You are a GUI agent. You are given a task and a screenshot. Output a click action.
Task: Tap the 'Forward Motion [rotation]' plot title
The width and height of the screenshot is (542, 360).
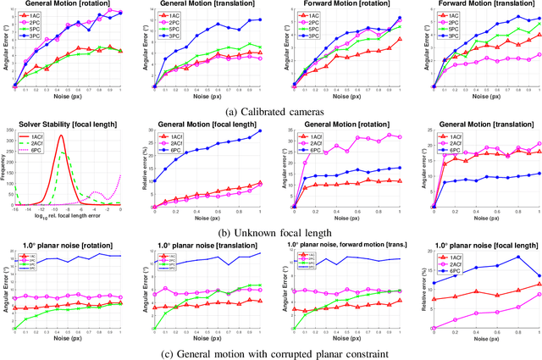click(x=339, y=4)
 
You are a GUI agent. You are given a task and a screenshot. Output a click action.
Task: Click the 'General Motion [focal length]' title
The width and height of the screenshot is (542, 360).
click(x=201, y=125)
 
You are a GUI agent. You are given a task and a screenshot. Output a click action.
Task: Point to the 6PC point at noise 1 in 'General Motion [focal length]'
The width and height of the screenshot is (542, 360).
click(x=260, y=130)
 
